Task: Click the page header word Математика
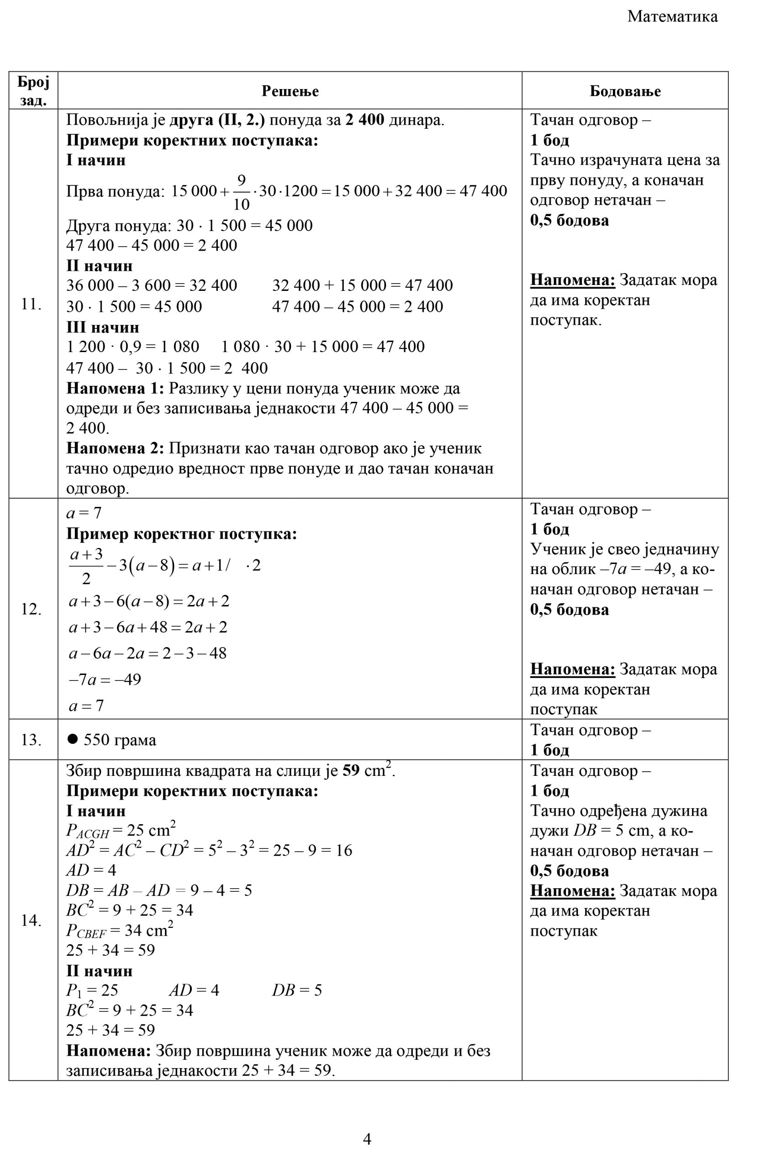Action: [x=672, y=17]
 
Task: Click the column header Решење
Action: [x=290, y=91]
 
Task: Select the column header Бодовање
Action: [x=624, y=91]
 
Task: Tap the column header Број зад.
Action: [x=33, y=91]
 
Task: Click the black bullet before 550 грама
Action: [x=73, y=739]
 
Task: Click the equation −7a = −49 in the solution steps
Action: [x=105, y=679]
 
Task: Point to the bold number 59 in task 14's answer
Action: [x=351, y=771]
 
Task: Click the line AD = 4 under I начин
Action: [x=91, y=870]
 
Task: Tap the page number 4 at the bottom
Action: [x=367, y=1138]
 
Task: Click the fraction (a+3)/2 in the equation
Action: [x=86, y=566]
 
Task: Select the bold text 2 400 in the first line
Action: [x=364, y=120]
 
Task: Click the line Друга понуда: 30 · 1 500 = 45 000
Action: [x=189, y=226]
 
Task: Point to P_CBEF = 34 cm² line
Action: [x=119, y=930]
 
